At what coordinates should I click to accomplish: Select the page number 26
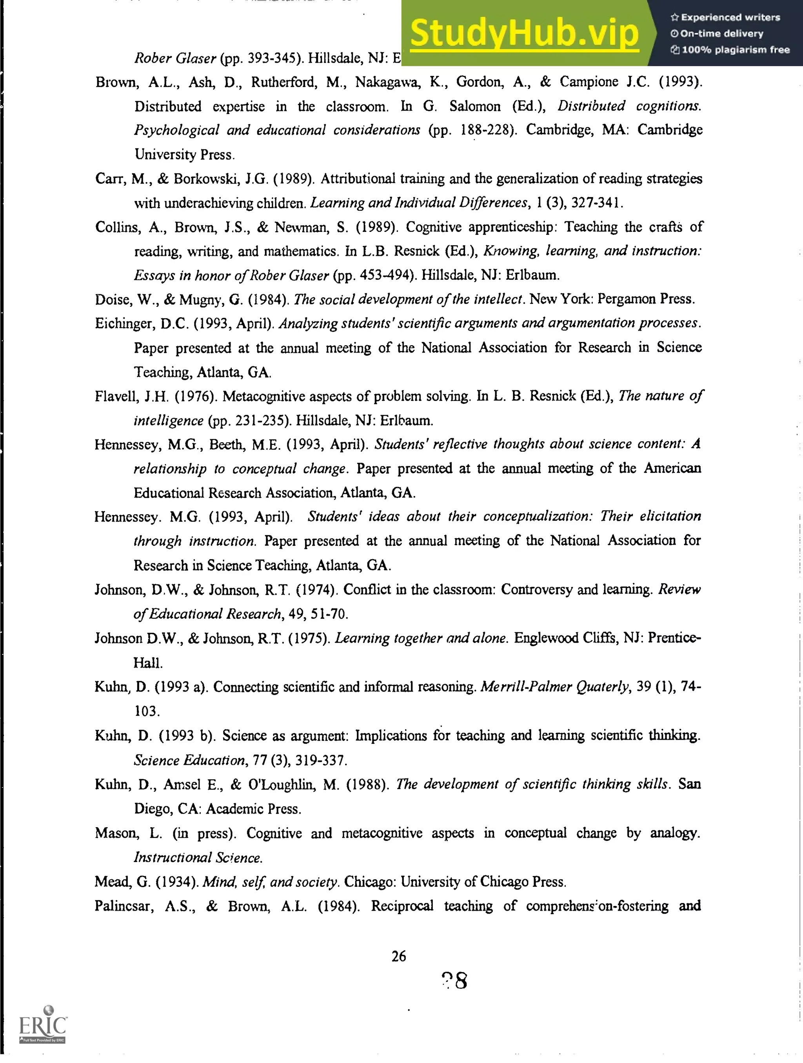pos(399,956)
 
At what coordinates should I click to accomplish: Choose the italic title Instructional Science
pos(198,857)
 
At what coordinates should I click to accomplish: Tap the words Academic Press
pos(253,809)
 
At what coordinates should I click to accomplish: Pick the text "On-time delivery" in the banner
pos(721,34)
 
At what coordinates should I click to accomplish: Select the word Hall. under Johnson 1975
pos(148,663)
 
